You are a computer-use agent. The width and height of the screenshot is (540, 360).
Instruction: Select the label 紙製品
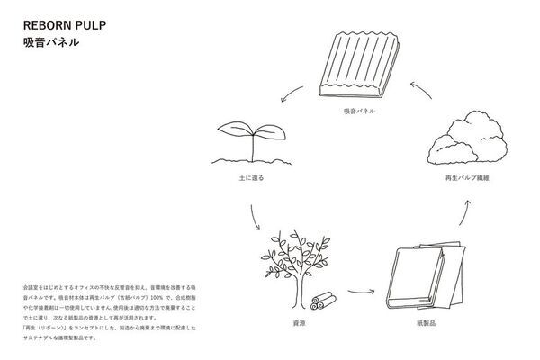pos(422,320)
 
